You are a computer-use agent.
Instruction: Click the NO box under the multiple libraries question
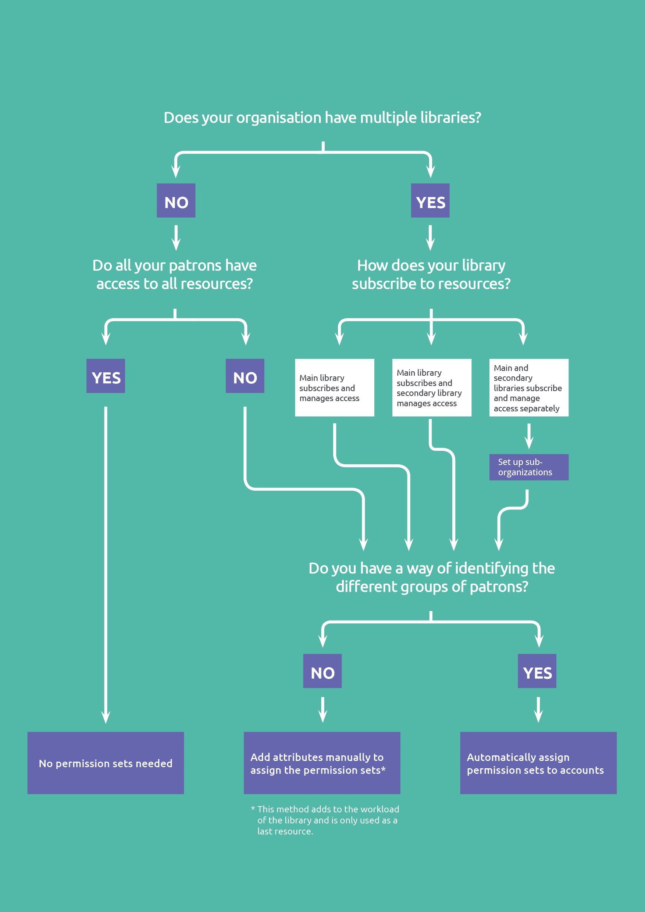176,201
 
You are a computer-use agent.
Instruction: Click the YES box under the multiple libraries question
430,201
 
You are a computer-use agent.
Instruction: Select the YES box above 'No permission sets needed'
106,376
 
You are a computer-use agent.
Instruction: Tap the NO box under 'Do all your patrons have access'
245,376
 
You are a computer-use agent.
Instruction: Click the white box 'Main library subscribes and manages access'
334,388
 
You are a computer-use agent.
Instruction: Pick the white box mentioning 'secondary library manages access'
432,388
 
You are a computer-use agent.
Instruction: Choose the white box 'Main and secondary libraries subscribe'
528,388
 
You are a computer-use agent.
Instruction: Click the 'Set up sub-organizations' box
528,467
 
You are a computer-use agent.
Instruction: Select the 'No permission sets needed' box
106,763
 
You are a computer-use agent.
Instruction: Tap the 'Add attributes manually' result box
322,763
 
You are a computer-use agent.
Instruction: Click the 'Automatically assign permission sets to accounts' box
538,763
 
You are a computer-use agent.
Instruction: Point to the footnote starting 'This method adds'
325,820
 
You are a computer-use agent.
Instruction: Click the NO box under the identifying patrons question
322,671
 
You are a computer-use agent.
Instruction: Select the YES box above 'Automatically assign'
537,671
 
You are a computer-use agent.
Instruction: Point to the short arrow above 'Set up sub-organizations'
528,436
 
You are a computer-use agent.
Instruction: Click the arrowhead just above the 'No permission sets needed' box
106,717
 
